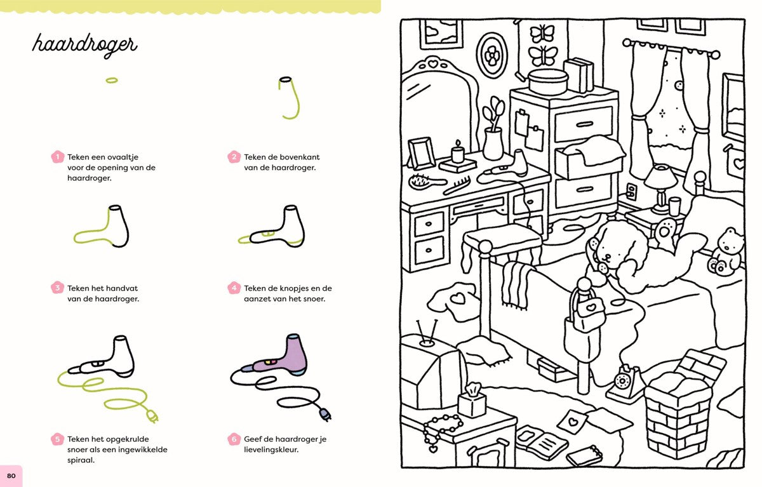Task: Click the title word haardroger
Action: [84, 45]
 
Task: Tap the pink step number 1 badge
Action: [58, 157]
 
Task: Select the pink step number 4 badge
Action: [234, 288]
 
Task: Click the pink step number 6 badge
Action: [234, 439]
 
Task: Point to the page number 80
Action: [11, 476]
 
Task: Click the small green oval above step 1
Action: [112, 80]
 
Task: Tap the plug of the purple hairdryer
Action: [325, 415]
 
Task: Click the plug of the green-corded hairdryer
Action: [152, 417]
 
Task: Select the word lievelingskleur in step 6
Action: [271, 450]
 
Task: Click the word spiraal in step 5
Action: [81, 460]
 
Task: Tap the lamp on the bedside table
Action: [661, 188]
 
